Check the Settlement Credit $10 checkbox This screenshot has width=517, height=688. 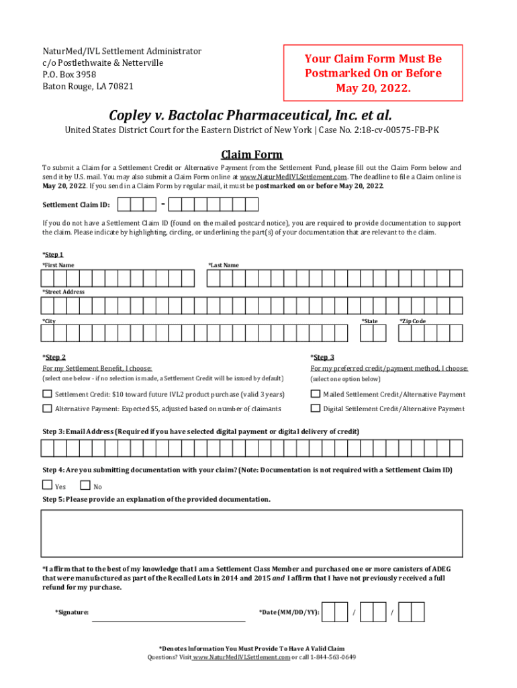tap(47, 394)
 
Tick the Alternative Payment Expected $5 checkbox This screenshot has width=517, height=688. tap(47, 408)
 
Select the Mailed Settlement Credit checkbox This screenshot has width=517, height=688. tap(315, 394)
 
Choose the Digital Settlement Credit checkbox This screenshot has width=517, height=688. tap(315, 408)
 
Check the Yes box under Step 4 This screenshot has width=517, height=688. tap(47, 485)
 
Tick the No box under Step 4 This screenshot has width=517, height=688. tap(85, 485)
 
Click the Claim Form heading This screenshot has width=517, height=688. tap(252, 155)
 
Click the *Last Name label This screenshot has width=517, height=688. tap(223, 265)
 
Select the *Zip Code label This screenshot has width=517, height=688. tap(412, 321)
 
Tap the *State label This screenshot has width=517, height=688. tap(369, 321)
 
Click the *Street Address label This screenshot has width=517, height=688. tap(63, 292)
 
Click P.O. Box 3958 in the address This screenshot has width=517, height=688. tap(70, 75)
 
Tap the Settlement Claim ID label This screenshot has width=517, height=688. tap(76, 205)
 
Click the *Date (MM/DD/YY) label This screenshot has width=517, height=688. tap(289, 612)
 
